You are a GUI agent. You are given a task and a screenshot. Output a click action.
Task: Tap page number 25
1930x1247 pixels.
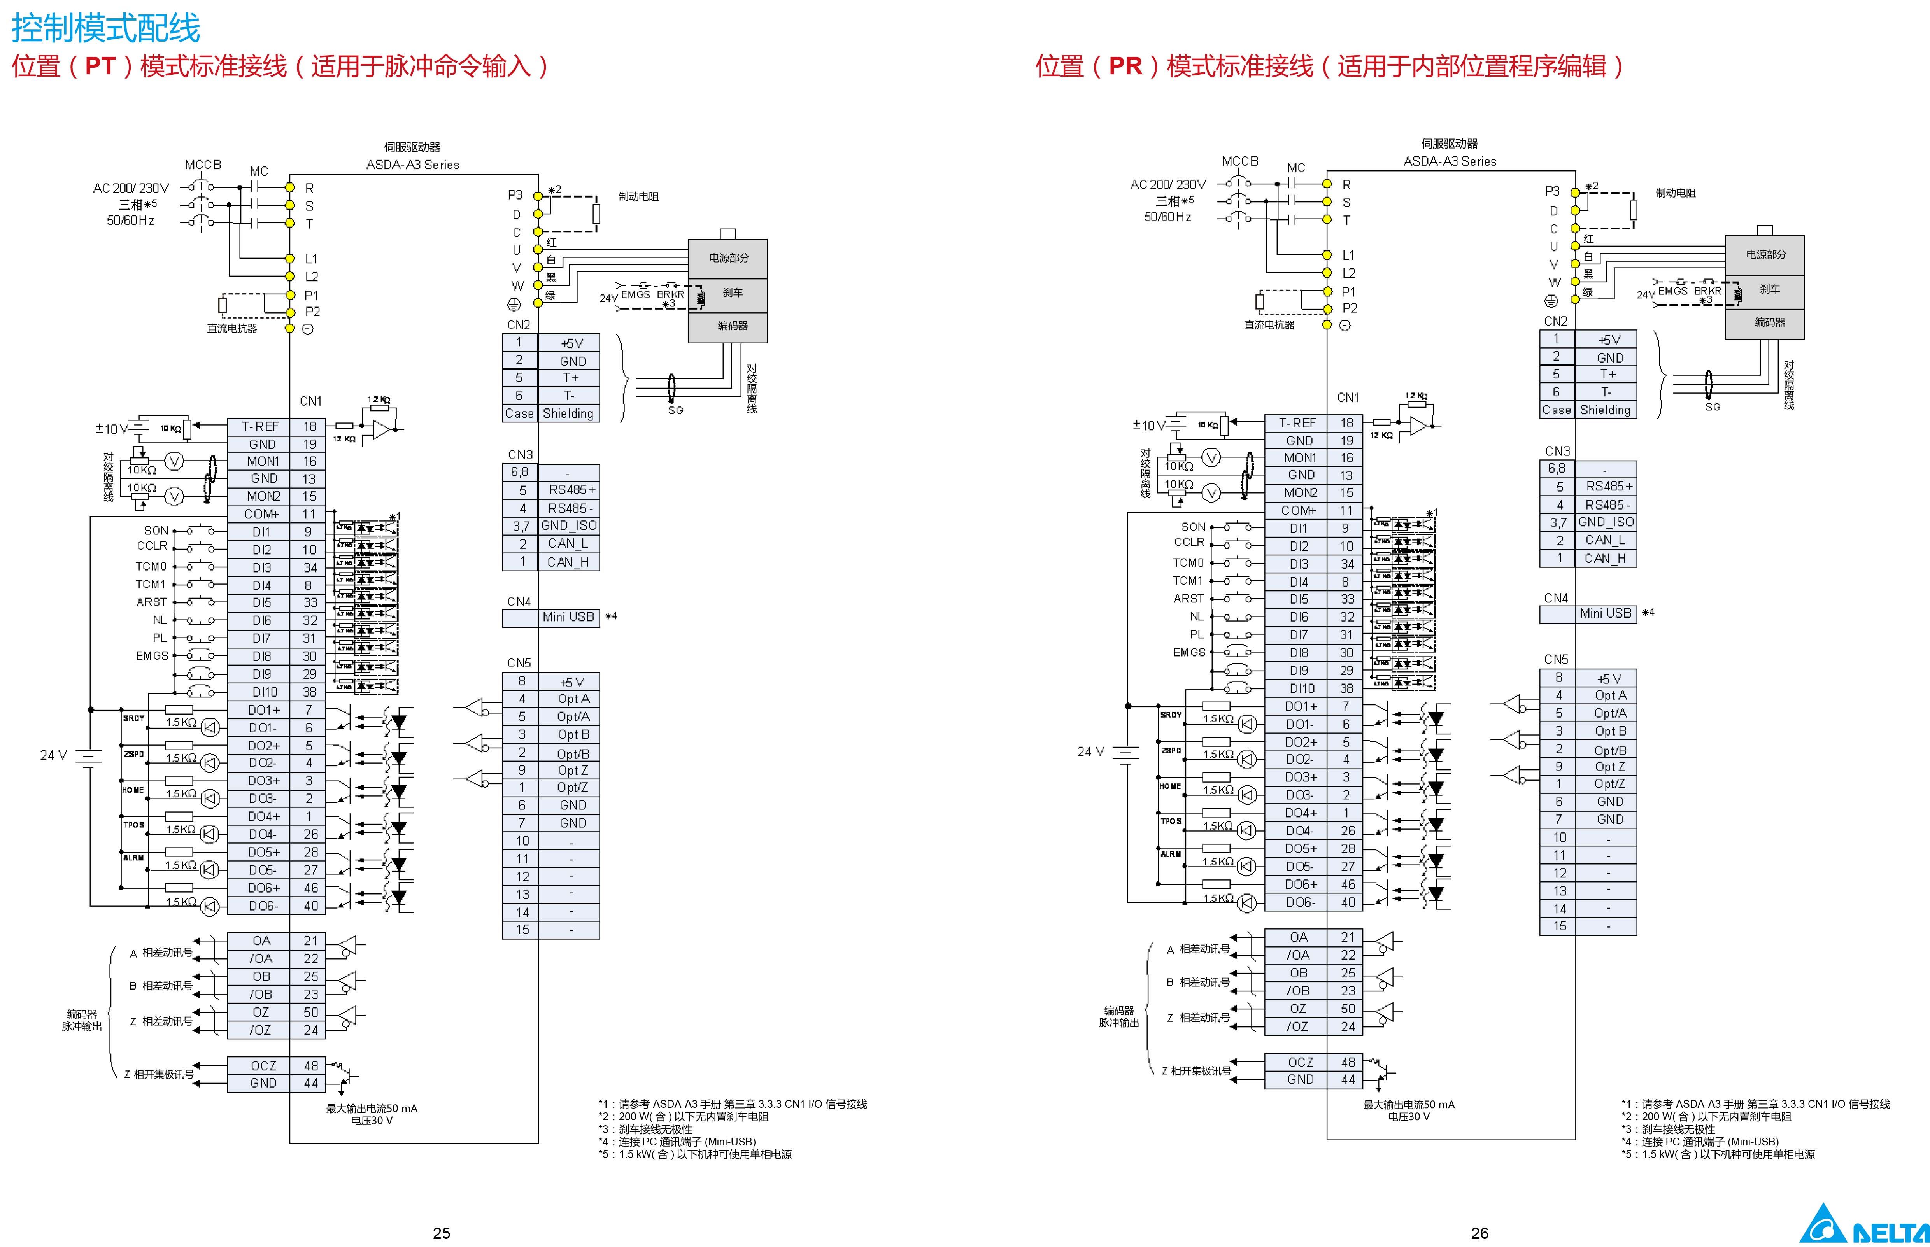click(442, 1233)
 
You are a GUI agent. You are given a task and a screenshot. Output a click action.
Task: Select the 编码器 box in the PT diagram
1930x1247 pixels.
click(732, 326)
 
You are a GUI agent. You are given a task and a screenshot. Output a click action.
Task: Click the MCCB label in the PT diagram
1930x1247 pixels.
click(202, 165)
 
